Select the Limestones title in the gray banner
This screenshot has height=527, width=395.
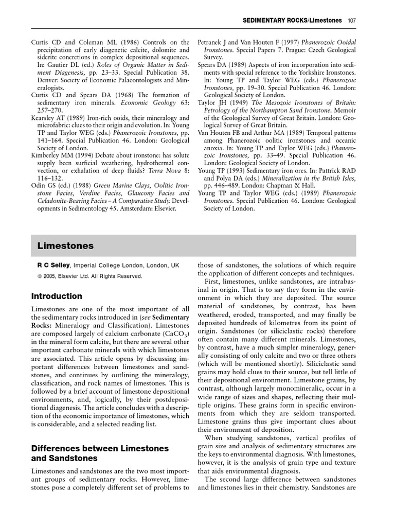click(x=65, y=246)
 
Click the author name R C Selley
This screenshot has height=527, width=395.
click(x=50, y=266)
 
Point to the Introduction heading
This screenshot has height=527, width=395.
click(x=57, y=296)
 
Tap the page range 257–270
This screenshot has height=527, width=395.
click(x=51, y=102)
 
